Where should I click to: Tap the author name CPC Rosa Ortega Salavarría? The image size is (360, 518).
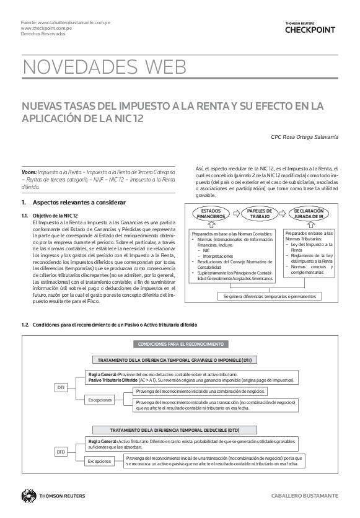click(x=305, y=136)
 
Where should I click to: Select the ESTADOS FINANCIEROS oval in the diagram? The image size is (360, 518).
click(x=211, y=214)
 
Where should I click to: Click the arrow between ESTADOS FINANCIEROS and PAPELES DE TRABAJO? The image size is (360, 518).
click(x=237, y=214)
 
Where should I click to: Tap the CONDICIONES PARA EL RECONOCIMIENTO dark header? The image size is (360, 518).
click(x=180, y=344)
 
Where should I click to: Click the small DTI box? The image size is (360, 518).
click(x=61, y=388)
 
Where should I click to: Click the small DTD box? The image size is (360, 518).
click(x=61, y=452)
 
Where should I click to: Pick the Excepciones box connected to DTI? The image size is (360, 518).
click(x=100, y=400)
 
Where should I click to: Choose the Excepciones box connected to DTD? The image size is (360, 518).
click(x=100, y=461)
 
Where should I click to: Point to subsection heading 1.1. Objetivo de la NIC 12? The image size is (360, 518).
click(x=55, y=215)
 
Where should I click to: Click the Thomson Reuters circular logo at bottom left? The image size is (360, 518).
click(x=28, y=496)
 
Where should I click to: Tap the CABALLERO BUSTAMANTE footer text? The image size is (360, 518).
click(x=304, y=496)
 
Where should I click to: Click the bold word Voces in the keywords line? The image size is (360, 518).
click(x=29, y=169)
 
